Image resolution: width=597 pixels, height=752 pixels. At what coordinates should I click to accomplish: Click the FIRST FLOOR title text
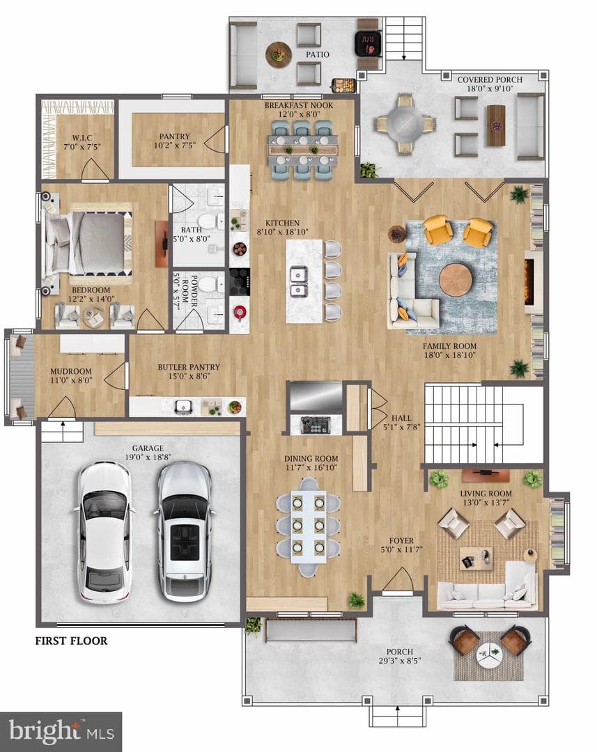(71, 641)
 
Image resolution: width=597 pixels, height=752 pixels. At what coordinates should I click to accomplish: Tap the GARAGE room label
(148, 448)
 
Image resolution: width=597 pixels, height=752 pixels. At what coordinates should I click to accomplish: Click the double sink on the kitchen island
(298, 283)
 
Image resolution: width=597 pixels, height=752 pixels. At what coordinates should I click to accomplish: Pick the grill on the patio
(368, 45)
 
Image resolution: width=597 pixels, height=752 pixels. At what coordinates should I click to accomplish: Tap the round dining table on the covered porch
(405, 124)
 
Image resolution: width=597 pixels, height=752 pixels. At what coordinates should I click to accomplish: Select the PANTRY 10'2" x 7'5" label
(175, 141)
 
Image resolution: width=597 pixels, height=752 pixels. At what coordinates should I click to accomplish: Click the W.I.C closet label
(82, 143)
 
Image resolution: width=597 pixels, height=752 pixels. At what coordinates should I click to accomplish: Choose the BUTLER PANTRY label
(189, 367)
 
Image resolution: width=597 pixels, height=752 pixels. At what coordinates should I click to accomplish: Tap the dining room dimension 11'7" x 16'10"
(311, 468)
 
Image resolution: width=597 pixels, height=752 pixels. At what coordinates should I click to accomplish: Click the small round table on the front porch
(489, 652)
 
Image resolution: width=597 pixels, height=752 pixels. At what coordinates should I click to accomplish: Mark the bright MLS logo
(61, 731)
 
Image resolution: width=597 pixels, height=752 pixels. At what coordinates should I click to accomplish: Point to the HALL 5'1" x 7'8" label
(401, 422)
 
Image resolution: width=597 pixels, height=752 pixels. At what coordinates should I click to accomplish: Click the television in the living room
(486, 474)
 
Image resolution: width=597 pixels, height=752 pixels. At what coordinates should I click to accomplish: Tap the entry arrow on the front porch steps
(397, 712)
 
